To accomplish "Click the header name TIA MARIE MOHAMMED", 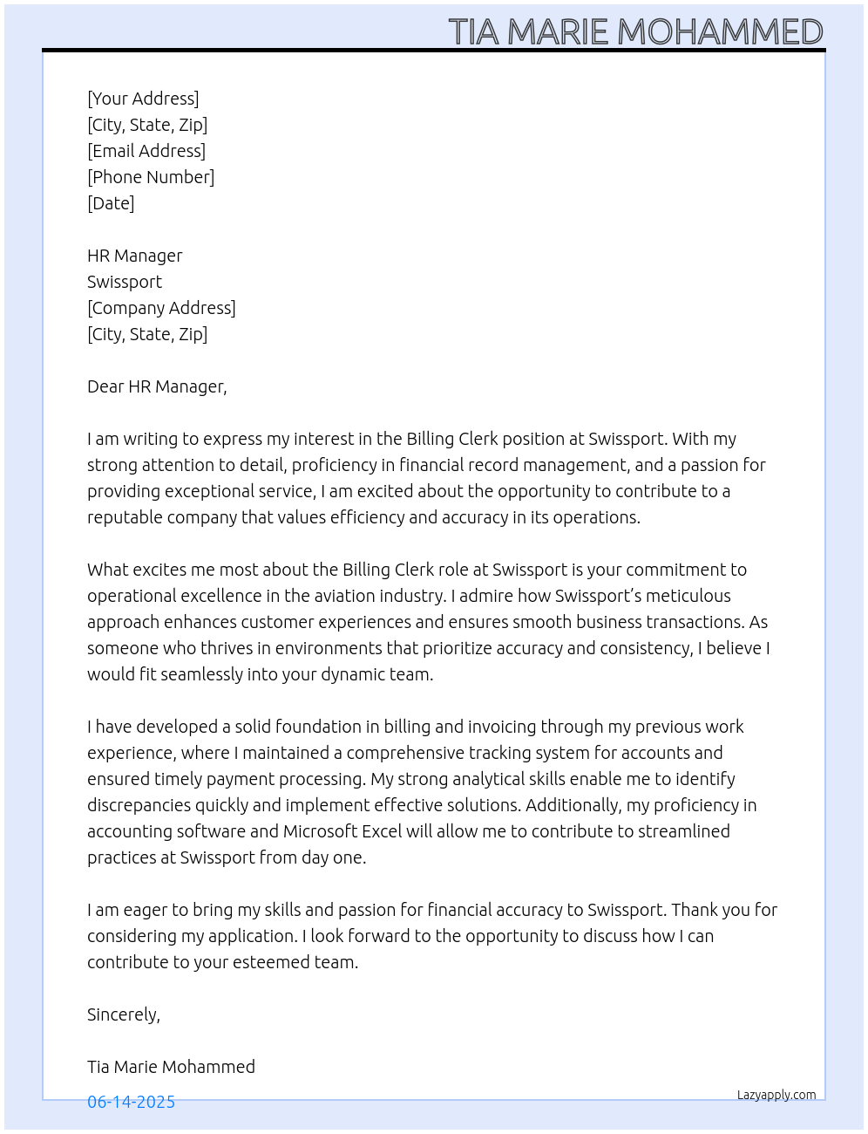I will pos(635,32).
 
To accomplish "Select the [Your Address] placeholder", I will pos(143,99).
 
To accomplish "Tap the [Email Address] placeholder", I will pos(146,151).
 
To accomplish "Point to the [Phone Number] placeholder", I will pos(151,177).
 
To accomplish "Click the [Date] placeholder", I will pos(111,203).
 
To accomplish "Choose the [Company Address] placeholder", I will pos(161,308).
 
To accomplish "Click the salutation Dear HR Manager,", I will pos(157,386).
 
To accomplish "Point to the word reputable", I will pos(125,517).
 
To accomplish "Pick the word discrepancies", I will pos(139,805).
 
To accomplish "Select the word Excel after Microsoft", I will pos(383,831).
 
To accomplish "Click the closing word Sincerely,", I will pos(124,1014).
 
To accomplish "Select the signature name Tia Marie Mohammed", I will pos(171,1067).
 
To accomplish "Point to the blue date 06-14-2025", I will pos(131,1102).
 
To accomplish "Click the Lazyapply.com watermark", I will pos(776,1095).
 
